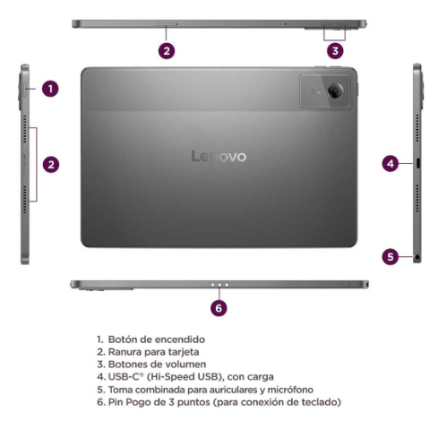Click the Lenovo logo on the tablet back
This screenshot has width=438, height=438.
(219, 157)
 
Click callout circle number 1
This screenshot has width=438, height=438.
(51, 89)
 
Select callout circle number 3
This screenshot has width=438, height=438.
(335, 50)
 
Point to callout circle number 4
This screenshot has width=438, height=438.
(390, 163)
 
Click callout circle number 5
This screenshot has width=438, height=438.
(390, 256)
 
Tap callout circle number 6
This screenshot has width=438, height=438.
(219, 307)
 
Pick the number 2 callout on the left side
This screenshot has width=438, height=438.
(51, 164)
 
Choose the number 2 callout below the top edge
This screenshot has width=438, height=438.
(167, 50)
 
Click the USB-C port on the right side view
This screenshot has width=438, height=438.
(417, 163)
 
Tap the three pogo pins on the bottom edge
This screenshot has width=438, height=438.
(219, 285)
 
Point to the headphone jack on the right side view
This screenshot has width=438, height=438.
(418, 257)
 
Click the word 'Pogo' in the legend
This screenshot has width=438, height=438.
(137, 403)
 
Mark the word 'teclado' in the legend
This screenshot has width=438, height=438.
(317, 403)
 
